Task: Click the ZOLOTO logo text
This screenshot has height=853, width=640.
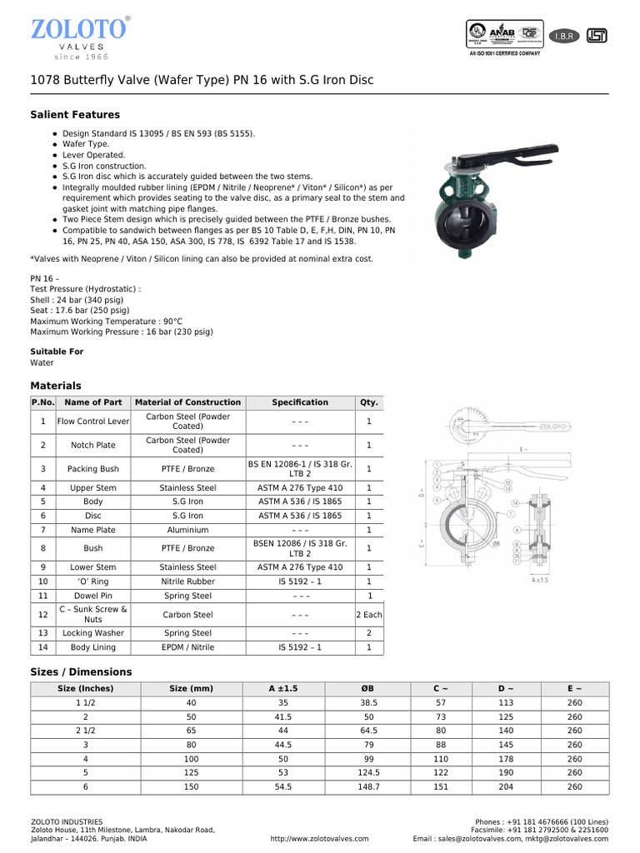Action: (78, 29)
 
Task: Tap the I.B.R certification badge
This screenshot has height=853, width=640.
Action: (564, 36)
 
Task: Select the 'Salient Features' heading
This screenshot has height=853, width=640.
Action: (75, 115)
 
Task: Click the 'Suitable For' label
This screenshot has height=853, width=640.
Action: (57, 352)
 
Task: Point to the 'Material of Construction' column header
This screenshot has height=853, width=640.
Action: (187, 402)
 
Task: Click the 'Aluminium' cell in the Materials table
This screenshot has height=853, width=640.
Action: (187, 530)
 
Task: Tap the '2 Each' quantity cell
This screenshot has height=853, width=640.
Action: (368, 615)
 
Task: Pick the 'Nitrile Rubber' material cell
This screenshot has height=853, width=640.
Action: (187, 581)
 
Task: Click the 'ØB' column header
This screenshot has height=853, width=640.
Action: (369, 689)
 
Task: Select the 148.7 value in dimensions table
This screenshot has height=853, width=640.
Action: (369, 786)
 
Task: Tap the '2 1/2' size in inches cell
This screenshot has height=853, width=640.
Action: (85, 731)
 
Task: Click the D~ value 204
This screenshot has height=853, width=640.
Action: (506, 786)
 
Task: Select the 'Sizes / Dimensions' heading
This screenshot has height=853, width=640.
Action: (81, 672)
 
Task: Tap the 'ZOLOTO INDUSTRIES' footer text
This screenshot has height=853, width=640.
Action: (67, 821)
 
